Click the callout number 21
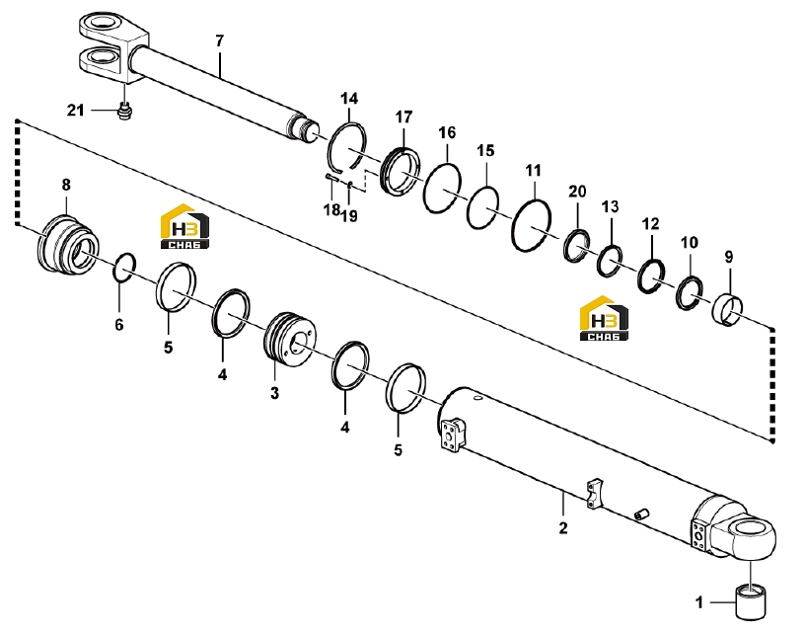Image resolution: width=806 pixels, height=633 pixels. pos(76,111)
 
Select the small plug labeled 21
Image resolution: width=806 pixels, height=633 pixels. pos(123,112)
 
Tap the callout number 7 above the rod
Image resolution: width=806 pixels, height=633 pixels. pos(220,40)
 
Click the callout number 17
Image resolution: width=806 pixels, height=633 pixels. pos(404,117)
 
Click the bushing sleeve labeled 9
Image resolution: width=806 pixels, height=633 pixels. pos(727,309)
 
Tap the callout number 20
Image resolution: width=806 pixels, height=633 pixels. pos(577,192)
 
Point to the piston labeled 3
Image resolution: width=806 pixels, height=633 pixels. pos(289,340)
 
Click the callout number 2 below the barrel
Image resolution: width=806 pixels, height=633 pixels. pos(563,528)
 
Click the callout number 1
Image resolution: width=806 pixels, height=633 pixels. pos(699,602)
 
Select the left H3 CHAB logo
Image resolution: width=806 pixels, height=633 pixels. pos(184,226)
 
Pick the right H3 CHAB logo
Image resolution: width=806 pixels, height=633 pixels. pos(604,318)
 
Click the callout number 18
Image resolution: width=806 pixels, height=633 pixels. pos(331,209)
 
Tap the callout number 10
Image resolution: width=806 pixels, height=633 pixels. pos(690,242)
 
